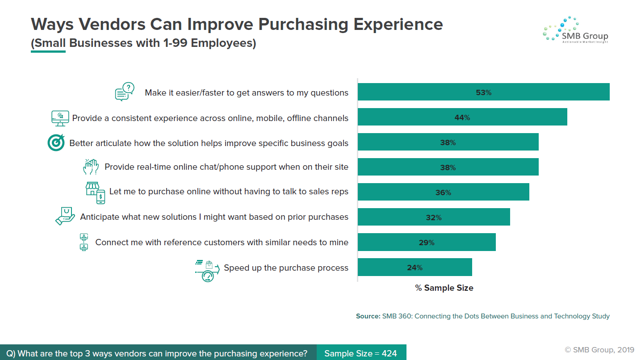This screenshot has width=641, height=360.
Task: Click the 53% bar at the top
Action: pyautogui.click(x=484, y=92)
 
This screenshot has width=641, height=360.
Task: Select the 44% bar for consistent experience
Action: pyautogui.click(x=462, y=117)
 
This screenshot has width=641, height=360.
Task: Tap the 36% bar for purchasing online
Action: pyautogui.click(x=444, y=192)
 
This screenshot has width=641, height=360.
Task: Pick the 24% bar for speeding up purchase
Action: pyautogui.click(x=415, y=267)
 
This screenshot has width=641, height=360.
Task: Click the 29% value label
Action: pyautogui.click(x=427, y=243)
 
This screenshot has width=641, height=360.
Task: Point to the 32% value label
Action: pyautogui.click(x=434, y=218)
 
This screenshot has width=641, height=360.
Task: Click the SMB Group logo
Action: pyautogui.click(x=575, y=30)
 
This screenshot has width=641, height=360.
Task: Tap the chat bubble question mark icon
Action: pyautogui.click(x=125, y=92)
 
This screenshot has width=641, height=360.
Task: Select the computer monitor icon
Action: pyautogui.click(x=60, y=118)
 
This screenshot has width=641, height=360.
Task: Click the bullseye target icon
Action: pyautogui.click(x=56, y=142)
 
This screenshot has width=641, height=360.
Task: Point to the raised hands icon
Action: pyautogui.click(x=91, y=167)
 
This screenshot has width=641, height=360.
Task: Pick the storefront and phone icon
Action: pyautogui.click(x=95, y=193)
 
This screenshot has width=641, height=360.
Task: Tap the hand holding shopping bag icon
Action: pyautogui.click(x=65, y=216)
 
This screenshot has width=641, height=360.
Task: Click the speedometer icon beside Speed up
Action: pyautogui.click(x=207, y=271)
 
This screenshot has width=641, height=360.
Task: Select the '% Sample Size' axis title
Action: pyautogui.click(x=444, y=288)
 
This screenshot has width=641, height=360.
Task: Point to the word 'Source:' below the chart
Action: pyautogui.click(x=368, y=316)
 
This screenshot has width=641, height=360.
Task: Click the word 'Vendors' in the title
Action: pyautogui.click(x=112, y=24)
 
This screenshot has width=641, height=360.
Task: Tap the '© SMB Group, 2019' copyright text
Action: pyautogui.click(x=599, y=350)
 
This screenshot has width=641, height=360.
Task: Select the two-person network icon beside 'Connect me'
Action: pyautogui.click(x=84, y=242)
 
